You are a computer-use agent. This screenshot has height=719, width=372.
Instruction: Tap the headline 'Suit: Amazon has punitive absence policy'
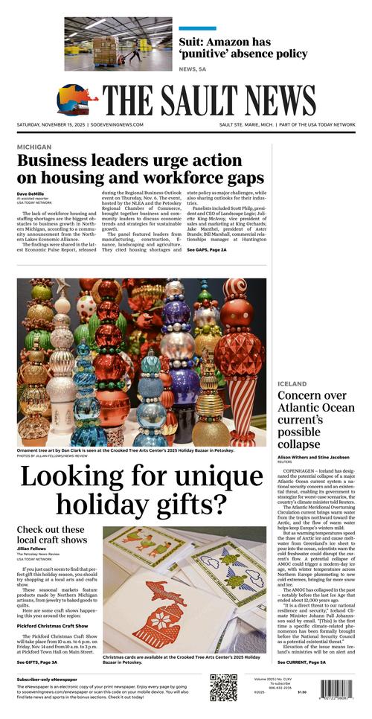click(x=242, y=47)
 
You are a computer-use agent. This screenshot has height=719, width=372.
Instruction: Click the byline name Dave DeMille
click(x=31, y=194)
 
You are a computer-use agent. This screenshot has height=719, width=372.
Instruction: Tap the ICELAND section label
click(x=292, y=384)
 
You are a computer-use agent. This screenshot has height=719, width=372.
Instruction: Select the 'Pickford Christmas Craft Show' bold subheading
click(x=54, y=626)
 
